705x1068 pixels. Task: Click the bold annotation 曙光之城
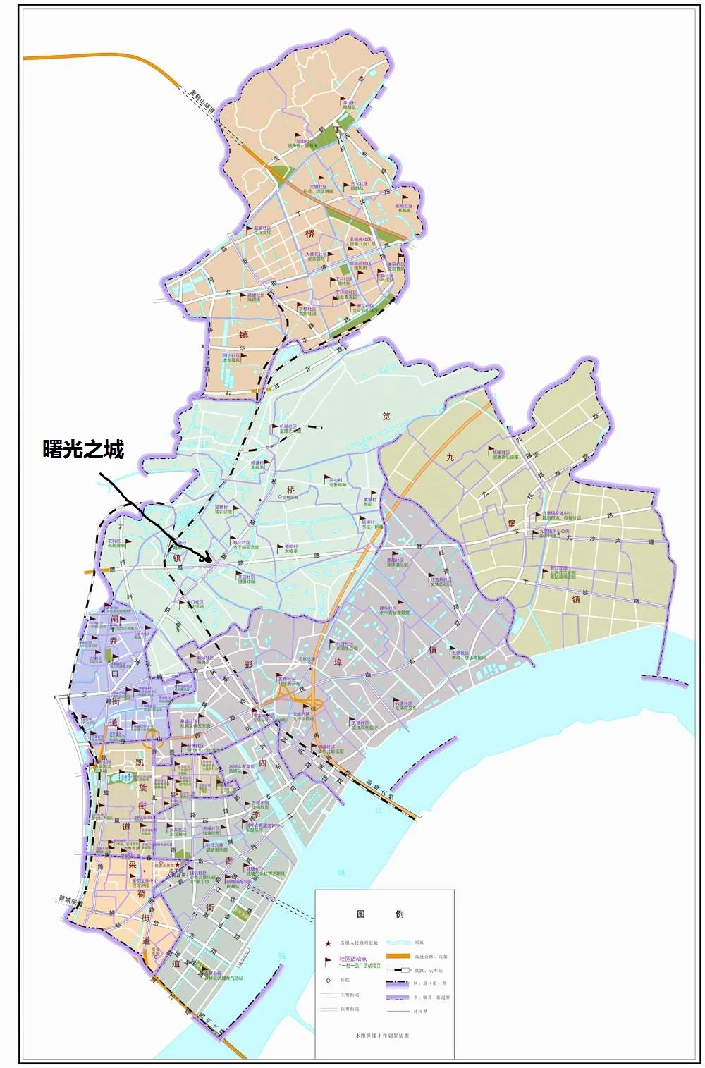click(83, 449)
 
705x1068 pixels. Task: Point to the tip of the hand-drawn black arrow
click(210, 560)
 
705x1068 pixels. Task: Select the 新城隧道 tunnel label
click(70, 900)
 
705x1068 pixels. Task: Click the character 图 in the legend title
click(361, 914)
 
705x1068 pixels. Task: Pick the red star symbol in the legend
click(328, 943)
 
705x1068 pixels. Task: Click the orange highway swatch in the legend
click(398, 956)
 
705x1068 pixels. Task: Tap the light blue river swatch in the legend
click(398, 943)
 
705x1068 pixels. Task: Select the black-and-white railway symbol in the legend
click(398, 970)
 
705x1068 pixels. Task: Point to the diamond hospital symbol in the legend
click(328, 980)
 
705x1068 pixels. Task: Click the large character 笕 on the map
click(386, 416)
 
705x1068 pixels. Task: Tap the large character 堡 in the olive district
click(512, 524)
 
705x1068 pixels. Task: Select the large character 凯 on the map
click(140, 762)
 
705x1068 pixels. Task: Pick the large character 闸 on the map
click(115, 620)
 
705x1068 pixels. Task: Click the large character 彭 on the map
click(248, 664)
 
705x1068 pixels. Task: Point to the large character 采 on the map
click(132, 866)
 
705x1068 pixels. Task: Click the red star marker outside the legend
click(178, 864)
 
